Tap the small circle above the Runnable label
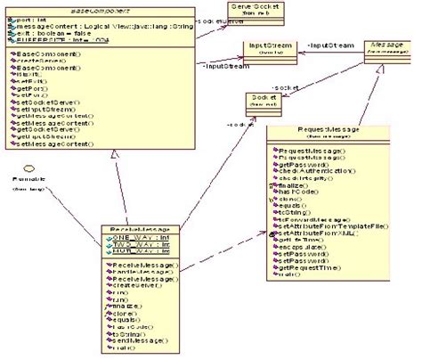tap(28, 168)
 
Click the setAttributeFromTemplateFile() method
tap(329, 200)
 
